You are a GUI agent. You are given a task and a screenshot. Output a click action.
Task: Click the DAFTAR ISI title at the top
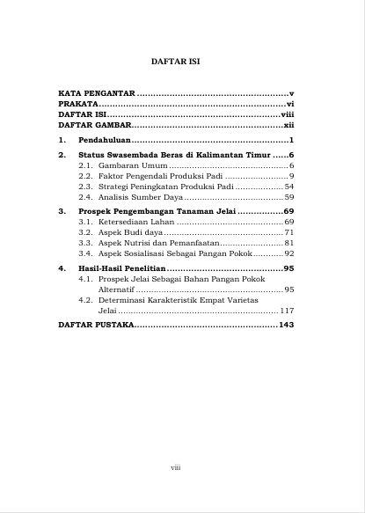(182, 64)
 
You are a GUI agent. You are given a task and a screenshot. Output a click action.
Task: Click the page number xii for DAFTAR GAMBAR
(288, 126)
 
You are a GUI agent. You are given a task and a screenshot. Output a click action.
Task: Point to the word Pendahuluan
(105, 141)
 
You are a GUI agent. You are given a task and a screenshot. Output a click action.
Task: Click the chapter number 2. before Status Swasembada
(62, 154)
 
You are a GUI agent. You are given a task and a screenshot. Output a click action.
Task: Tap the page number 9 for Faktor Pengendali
(291, 176)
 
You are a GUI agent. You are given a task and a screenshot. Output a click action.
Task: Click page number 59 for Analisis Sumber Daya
(288, 197)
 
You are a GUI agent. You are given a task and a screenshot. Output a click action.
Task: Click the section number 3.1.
(85, 223)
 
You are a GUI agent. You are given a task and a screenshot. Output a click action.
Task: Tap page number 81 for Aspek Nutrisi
(288, 242)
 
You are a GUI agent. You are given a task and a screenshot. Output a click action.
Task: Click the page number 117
(287, 311)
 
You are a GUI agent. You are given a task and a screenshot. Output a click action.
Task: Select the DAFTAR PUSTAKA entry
(96, 325)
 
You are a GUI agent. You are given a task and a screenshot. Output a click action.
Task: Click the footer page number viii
(175, 468)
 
